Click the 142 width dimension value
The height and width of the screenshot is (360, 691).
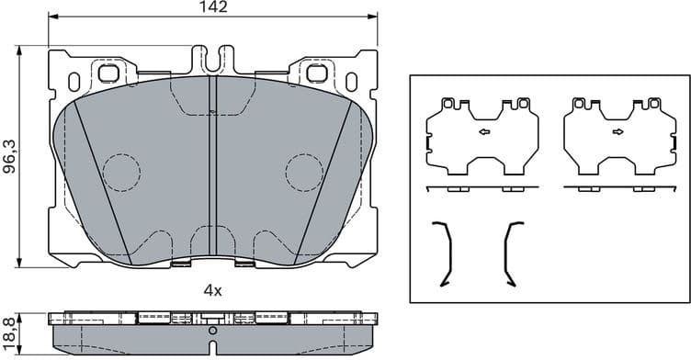[x=212, y=7]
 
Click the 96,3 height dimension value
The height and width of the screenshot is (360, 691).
[x=9, y=157]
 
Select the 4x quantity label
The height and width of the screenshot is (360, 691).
[x=212, y=290]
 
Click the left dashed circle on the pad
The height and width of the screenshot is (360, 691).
[x=120, y=171]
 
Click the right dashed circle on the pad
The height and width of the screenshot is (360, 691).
[x=304, y=171]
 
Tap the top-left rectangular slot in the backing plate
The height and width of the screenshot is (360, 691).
[x=108, y=73]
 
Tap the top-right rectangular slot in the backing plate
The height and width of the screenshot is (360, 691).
[x=317, y=73]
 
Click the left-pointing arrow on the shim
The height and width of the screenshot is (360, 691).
[x=483, y=132]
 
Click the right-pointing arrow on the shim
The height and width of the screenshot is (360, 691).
[x=617, y=132]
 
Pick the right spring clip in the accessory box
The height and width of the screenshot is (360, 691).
[x=512, y=253]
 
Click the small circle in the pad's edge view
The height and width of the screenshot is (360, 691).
[x=212, y=329]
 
